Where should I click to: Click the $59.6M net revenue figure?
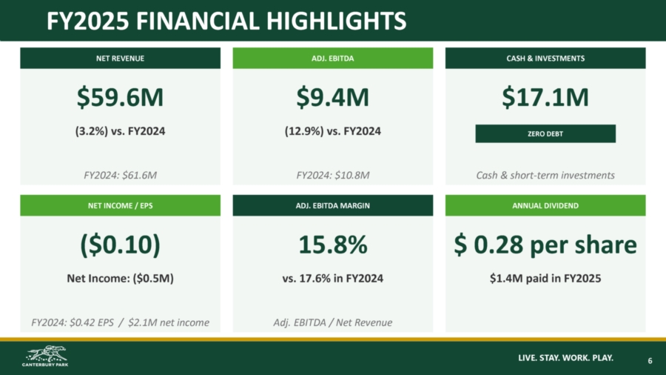point(120,97)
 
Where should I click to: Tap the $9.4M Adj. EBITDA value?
point(332,97)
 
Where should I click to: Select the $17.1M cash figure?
point(545,97)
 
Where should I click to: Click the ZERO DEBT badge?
point(545,133)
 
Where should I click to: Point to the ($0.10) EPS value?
point(120,245)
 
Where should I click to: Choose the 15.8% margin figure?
point(332,245)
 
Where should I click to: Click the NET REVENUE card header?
point(120,59)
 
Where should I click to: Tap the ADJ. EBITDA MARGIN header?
point(332,205)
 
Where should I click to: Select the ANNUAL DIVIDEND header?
point(545,205)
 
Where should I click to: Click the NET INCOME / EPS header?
point(120,205)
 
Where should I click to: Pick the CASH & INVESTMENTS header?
point(545,59)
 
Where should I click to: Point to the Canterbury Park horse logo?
point(45,356)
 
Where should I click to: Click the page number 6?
point(650,360)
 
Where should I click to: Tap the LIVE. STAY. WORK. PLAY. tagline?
point(566,357)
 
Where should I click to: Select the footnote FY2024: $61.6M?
point(120,175)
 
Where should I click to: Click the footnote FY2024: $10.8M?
point(332,175)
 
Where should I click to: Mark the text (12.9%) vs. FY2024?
point(332,131)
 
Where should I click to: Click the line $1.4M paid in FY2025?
point(545,279)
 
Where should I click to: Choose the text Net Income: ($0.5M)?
point(120,279)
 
